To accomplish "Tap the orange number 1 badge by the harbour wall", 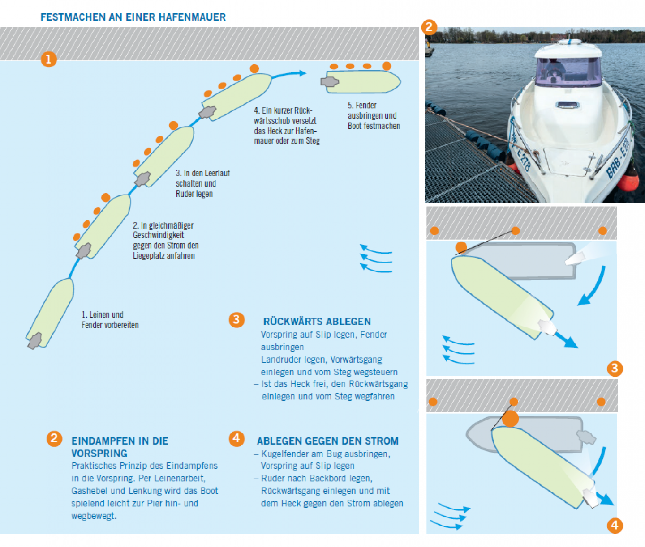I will (x=49, y=59).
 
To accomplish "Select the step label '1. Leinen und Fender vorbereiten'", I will (x=110, y=320).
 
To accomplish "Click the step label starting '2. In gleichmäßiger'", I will (x=165, y=240).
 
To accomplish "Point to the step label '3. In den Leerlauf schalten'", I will (x=202, y=183).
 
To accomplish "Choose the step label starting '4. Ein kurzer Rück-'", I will (x=287, y=125).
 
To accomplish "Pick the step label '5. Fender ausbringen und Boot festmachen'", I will (x=374, y=115).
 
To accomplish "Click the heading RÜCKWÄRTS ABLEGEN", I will (x=317, y=322).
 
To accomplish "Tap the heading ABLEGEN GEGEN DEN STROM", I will (x=327, y=441).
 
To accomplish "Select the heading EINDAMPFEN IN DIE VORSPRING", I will (x=120, y=447).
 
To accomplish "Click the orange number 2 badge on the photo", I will (x=429, y=27).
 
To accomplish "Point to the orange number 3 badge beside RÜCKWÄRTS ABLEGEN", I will (x=236, y=320).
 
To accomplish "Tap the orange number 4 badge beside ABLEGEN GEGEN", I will (x=236, y=438).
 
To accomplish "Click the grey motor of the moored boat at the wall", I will (x=330, y=82).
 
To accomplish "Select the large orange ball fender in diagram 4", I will (x=510, y=419).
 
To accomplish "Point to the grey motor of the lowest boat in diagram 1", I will (x=35, y=341).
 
